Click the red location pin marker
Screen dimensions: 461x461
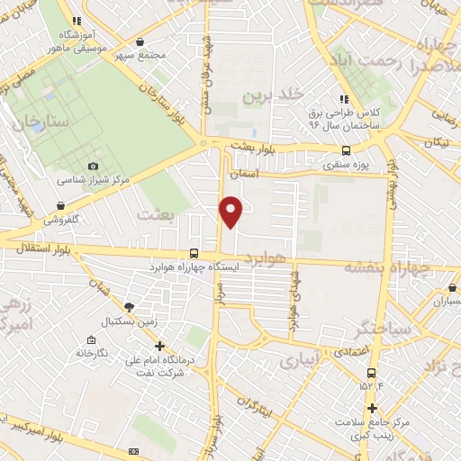click(x=231, y=212)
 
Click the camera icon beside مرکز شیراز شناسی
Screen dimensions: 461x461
click(x=94, y=167)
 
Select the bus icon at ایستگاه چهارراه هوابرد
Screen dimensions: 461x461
click(x=194, y=254)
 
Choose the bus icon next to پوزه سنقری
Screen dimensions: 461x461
click(x=347, y=151)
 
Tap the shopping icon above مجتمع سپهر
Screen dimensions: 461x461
click(x=139, y=41)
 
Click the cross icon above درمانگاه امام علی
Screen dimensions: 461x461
click(x=159, y=346)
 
